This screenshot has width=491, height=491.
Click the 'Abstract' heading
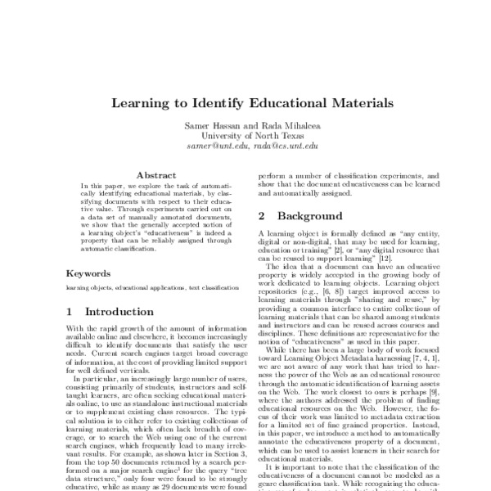point(156,175)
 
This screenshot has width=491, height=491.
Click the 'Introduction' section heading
point(119,312)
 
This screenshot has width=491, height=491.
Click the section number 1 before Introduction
point(70,312)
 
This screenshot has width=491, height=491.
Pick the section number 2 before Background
point(262,217)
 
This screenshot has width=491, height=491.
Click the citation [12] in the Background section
point(402,259)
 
